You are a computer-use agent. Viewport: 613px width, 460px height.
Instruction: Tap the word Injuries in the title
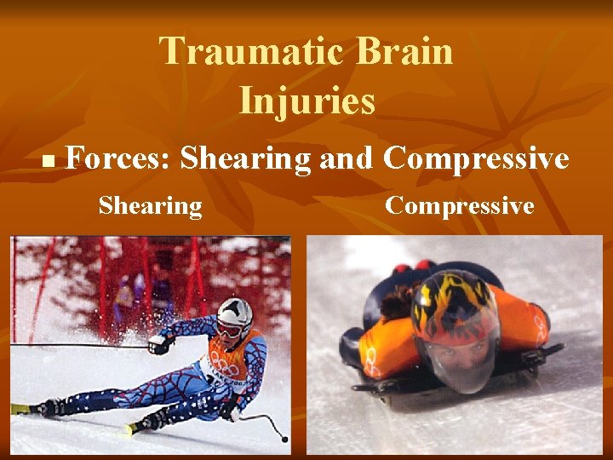point(306,101)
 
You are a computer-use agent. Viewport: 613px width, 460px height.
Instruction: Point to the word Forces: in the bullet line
point(118,158)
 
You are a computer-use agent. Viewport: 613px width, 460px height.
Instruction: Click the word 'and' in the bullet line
point(347,158)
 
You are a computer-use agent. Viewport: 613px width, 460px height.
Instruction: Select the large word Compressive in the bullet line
point(476,158)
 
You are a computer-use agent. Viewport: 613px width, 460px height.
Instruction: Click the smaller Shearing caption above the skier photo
point(150,206)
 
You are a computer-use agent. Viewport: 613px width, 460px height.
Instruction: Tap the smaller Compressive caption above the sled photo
point(460,206)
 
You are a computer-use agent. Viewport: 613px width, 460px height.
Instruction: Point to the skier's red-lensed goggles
point(227,328)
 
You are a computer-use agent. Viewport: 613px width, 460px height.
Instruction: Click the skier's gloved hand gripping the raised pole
point(158,343)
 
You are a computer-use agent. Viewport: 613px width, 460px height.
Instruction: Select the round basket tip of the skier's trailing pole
point(284,440)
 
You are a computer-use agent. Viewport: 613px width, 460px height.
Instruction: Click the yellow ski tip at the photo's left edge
point(20,409)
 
